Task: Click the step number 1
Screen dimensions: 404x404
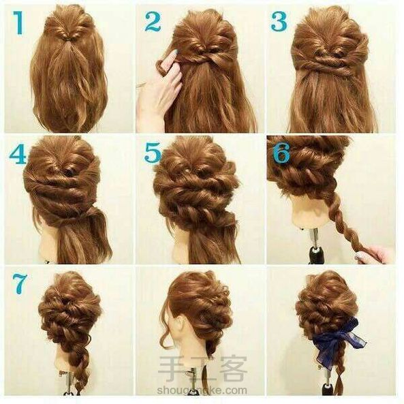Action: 18,22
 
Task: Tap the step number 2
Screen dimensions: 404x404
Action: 153,21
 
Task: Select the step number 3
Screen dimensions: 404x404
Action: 279,21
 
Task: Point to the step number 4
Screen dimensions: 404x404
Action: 18,154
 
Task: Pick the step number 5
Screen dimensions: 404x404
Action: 153,153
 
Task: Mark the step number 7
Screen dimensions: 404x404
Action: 19,283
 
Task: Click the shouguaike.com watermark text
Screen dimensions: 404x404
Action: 202,390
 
